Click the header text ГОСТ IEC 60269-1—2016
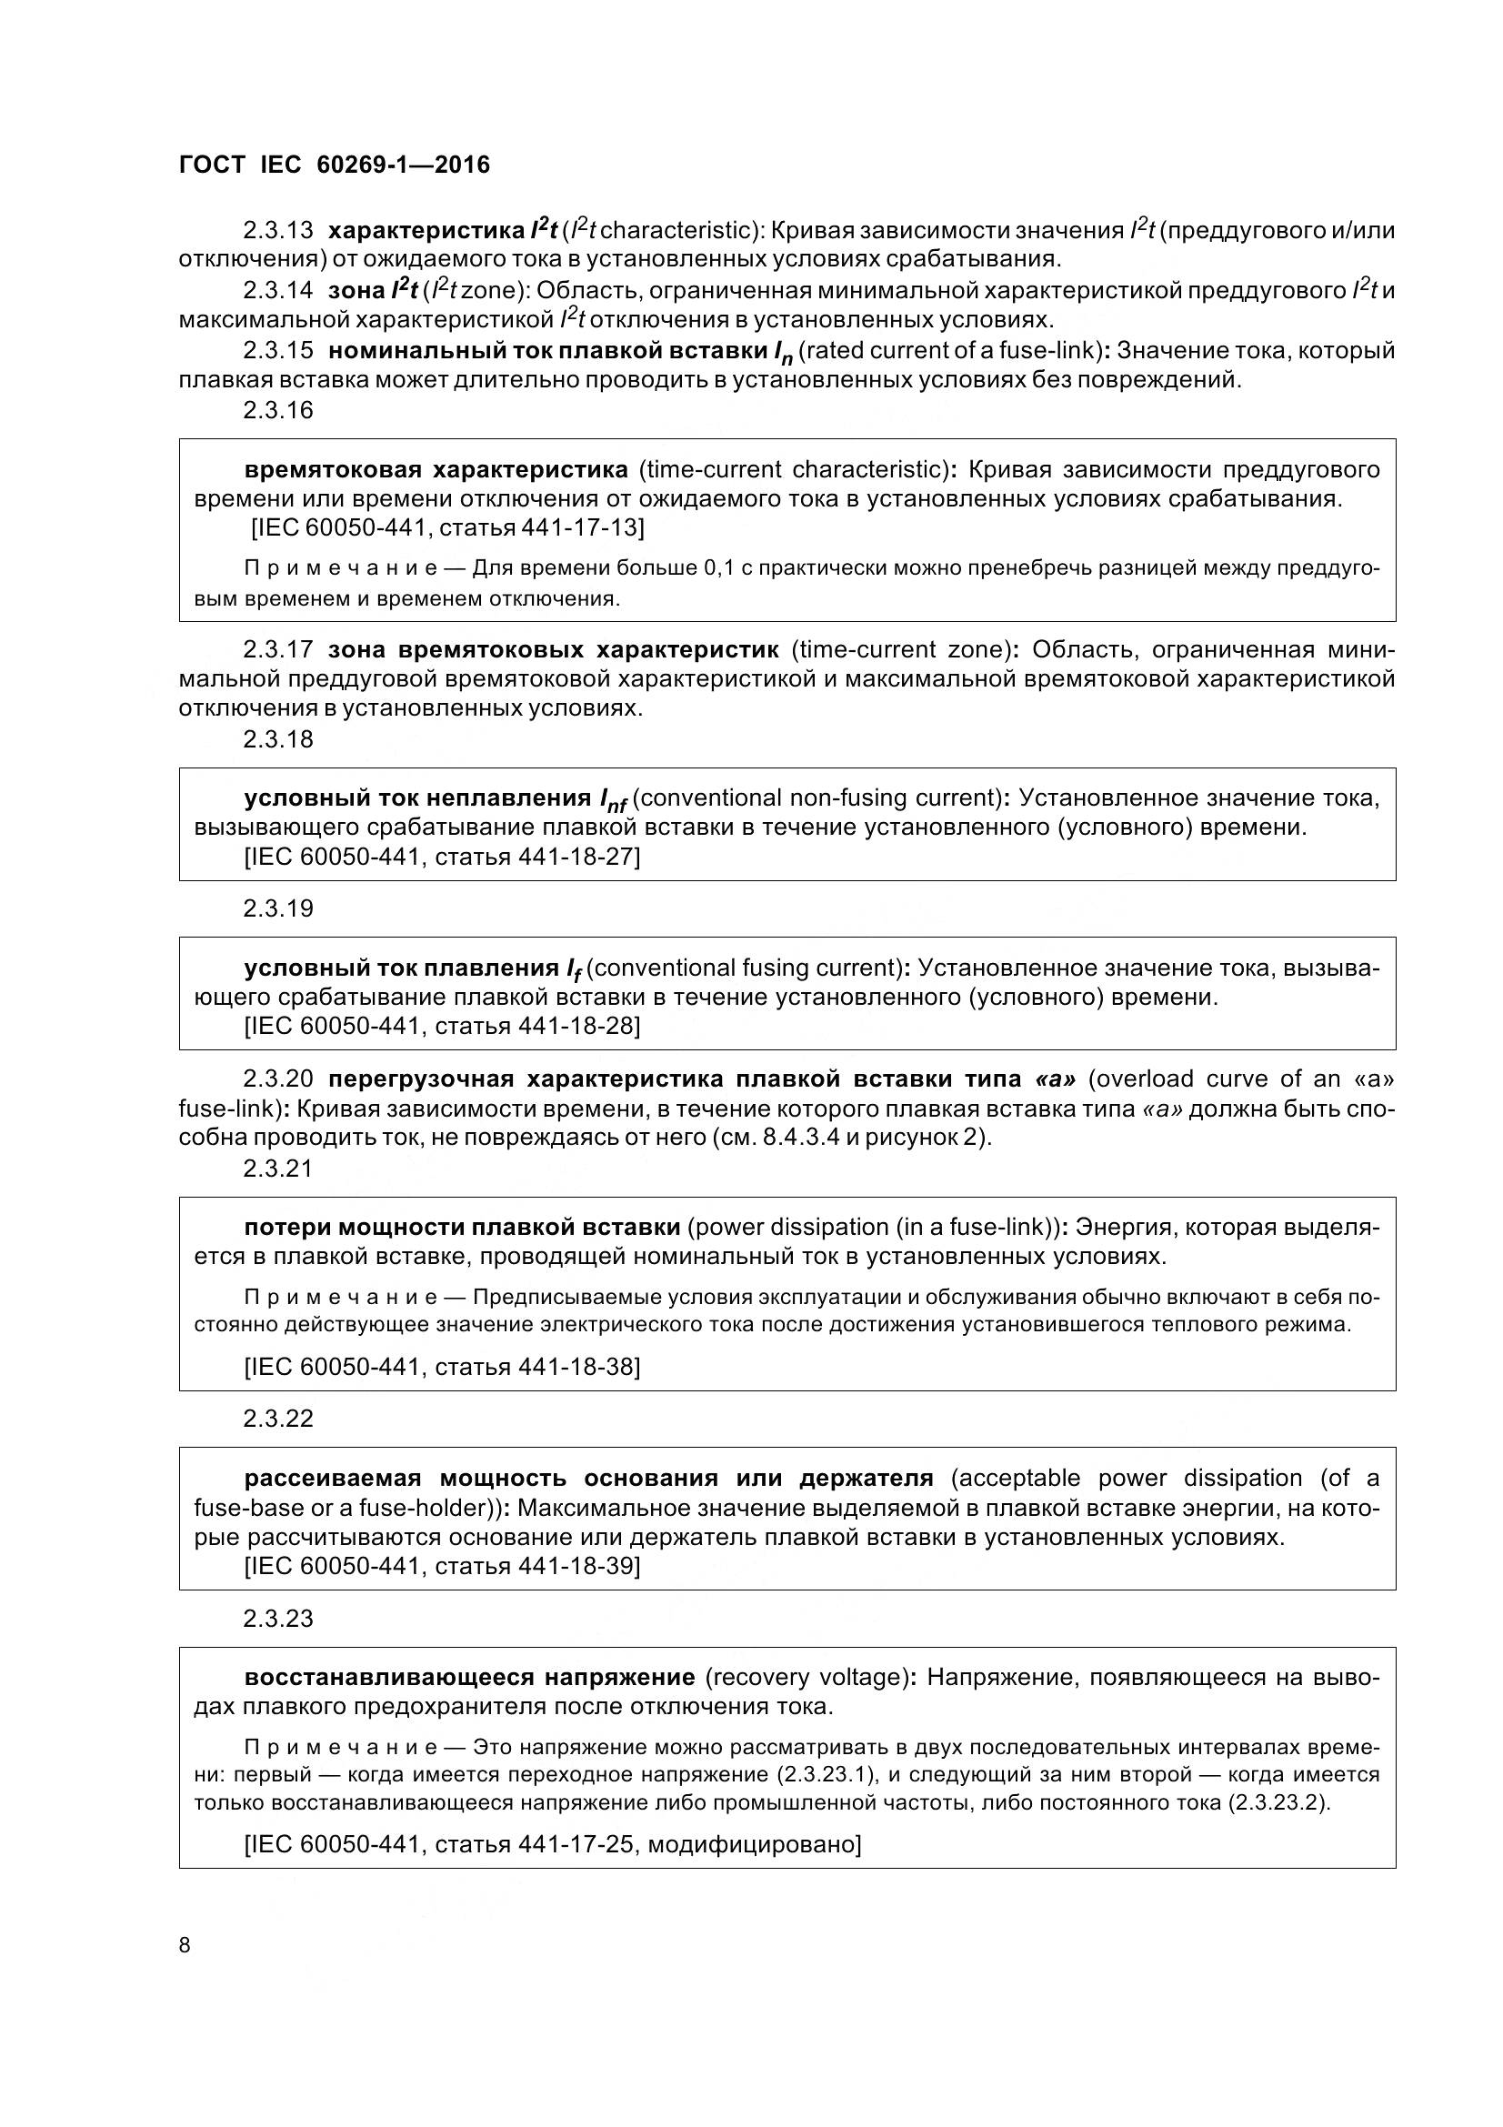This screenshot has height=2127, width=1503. click(x=334, y=165)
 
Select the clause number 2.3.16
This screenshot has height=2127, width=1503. click(x=278, y=409)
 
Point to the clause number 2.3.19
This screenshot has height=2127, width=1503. click(x=278, y=908)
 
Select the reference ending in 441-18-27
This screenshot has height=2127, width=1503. click(x=442, y=856)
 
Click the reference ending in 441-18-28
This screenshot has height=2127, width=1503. click(x=442, y=1026)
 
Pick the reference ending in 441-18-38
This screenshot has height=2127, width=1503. click(x=442, y=1367)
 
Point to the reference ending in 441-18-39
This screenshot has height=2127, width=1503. click(x=442, y=1566)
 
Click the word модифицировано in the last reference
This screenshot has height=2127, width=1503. click(x=753, y=1843)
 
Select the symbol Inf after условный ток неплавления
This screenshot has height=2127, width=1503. click(x=613, y=800)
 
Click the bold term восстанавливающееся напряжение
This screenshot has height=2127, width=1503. click(x=469, y=1677)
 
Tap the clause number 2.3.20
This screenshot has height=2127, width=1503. click(x=278, y=1079)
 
